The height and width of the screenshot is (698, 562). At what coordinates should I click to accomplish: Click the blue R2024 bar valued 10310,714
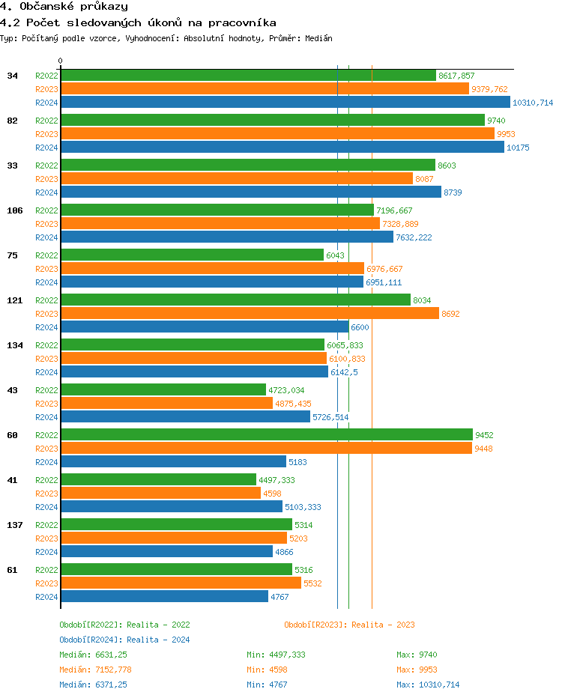click(285, 103)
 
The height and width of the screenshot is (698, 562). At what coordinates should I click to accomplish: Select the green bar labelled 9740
click(273, 121)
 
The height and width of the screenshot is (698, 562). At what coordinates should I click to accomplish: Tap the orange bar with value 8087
click(237, 179)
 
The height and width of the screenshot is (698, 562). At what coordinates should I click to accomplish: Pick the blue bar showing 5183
click(173, 462)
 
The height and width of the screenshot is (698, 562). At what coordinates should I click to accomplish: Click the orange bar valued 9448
click(266, 449)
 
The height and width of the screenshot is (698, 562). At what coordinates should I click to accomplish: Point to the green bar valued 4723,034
click(163, 390)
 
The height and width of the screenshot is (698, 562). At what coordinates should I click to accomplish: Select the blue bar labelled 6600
click(205, 327)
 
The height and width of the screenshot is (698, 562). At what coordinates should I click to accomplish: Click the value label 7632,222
click(414, 237)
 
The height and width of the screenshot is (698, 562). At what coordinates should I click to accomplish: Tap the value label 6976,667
click(384, 269)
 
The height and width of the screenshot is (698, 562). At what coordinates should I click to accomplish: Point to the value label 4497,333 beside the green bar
click(277, 480)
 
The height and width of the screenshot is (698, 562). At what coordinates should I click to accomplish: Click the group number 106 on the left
click(15, 210)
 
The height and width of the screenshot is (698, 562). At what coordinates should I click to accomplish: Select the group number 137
click(15, 525)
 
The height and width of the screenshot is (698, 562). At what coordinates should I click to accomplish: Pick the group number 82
click(12, 121)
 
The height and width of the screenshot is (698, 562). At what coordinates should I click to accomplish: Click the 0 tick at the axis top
click(61, 61)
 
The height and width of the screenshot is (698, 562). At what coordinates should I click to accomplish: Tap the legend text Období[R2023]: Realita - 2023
click(349, 625)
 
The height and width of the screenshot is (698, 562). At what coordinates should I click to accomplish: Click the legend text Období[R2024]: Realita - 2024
click(124, 640)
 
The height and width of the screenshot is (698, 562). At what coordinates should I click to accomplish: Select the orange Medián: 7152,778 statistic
click(96, 670)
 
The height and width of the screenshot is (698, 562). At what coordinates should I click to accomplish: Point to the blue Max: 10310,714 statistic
click(428, 685)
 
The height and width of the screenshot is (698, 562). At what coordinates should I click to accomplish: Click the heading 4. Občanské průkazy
click(64, 7)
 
